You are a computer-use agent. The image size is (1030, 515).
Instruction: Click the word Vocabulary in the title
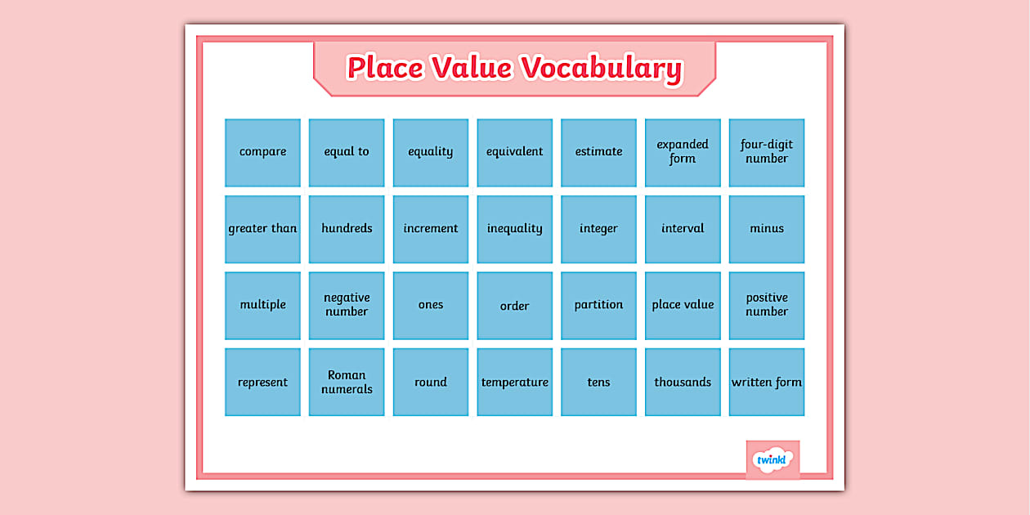point(602,68)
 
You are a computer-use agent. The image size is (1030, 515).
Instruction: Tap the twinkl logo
point(772,459)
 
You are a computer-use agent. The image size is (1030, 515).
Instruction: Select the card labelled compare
point(262,152)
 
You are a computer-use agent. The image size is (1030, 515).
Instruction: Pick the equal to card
point(347,152)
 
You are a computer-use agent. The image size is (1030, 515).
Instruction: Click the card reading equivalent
point(515,152)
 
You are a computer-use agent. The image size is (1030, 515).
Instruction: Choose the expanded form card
point(683,152)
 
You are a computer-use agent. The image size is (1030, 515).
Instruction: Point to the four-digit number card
point(767,152)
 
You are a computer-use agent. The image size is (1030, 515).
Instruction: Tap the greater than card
point(262,229)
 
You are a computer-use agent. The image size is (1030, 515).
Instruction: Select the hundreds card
point(347,229)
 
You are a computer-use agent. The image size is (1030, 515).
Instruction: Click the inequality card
point(515,229)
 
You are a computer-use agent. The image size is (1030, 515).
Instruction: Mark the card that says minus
point(767,229)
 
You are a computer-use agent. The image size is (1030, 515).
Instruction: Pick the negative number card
point(347,305)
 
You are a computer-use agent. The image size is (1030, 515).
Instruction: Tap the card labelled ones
point(431,305)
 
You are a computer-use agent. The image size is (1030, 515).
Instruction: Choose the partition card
point(598,305)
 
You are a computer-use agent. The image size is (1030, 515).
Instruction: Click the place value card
point(683,305)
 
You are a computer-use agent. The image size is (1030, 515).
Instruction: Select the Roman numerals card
point(347,382)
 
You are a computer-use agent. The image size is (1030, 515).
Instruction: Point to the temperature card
point(515,382)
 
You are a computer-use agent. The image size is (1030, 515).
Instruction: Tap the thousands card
point(683,382)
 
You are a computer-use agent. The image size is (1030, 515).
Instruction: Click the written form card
point(767,382)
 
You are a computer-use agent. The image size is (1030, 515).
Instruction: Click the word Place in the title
point(384,68)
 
